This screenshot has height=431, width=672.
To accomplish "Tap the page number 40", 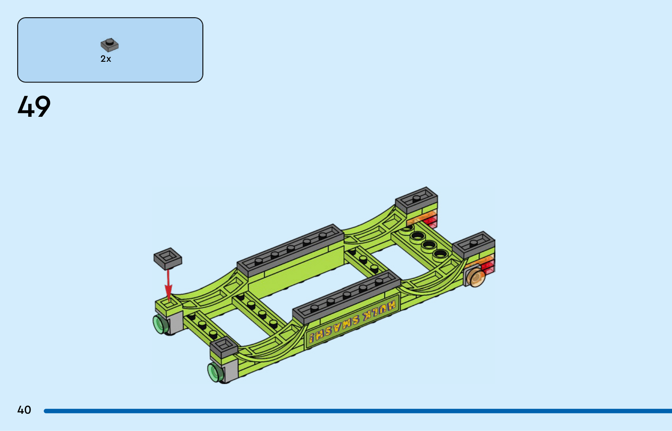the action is pos(24,410).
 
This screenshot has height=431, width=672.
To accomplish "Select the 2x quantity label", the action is pos(105,59).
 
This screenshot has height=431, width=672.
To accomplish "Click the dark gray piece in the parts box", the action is pos(110,45).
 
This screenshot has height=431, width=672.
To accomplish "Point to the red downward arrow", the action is pos(168,285).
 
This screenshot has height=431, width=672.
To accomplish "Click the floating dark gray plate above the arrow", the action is pos(168,258).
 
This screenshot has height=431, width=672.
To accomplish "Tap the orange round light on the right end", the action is pos(476,277).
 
